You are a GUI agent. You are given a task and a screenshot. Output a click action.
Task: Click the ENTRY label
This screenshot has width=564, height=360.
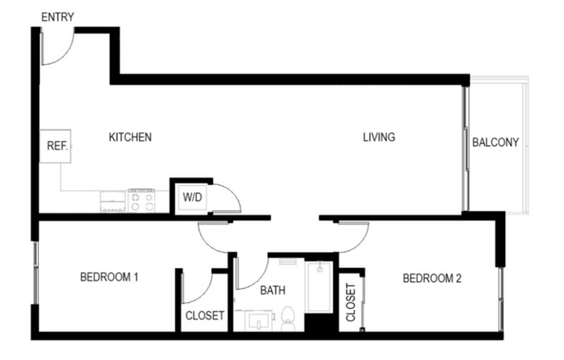pos(57,16)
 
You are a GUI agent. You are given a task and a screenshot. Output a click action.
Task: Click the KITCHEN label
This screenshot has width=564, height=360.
pos(131,137)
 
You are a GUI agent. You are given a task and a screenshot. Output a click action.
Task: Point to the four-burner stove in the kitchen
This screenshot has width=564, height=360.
pos(141,201)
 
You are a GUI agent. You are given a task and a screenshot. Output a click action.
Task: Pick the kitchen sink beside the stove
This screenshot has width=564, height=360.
pos(112,201)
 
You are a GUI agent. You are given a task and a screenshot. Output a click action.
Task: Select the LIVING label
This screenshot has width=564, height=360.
pos(379,137)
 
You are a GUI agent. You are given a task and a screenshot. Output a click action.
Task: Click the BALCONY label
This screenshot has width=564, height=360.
pos(496,143)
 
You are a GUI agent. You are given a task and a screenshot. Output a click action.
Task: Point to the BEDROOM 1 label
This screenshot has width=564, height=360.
pos(110,278)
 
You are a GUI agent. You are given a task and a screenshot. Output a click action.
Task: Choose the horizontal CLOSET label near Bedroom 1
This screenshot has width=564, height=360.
pos(205,316)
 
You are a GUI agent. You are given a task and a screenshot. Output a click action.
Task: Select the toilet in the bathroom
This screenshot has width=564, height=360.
pos(290,319)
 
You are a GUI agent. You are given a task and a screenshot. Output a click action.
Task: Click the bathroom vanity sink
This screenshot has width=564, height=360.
pos(257,322)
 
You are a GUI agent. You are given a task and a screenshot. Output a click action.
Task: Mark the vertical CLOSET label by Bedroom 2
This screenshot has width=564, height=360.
pos(351,303)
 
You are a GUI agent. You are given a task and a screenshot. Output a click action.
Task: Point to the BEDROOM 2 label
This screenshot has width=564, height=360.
pos(433,278)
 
